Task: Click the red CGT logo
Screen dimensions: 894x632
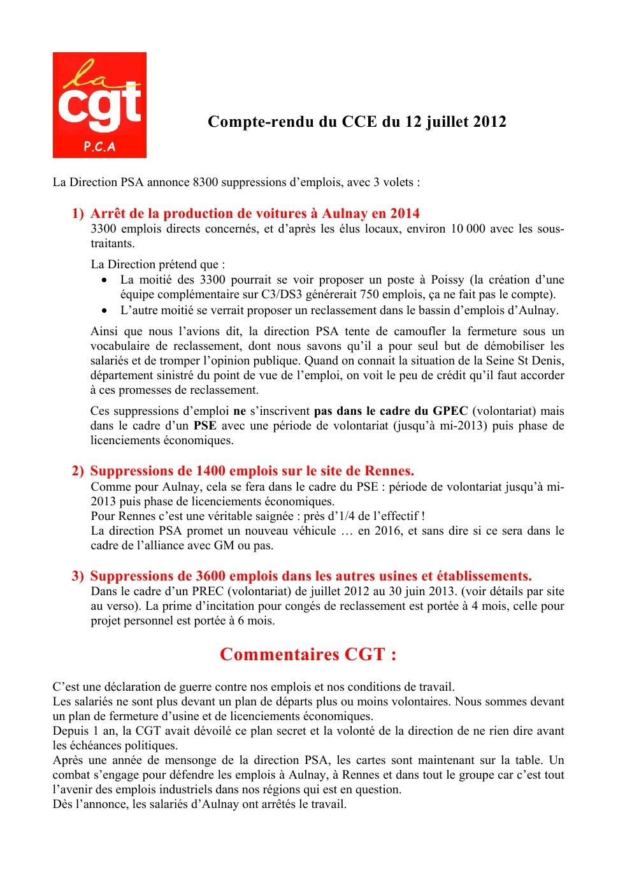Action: [x=99, y=105]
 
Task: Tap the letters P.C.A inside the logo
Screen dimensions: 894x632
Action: [x=99, y=147]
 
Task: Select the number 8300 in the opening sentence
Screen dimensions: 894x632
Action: [x=205, y=182]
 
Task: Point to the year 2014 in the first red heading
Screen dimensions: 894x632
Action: [x=405, y=213]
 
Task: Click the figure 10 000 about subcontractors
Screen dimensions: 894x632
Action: [x=468, y=229]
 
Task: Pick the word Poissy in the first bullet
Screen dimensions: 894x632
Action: [x=448, y=280]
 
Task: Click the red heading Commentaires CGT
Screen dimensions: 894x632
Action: [x=308, y=654]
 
